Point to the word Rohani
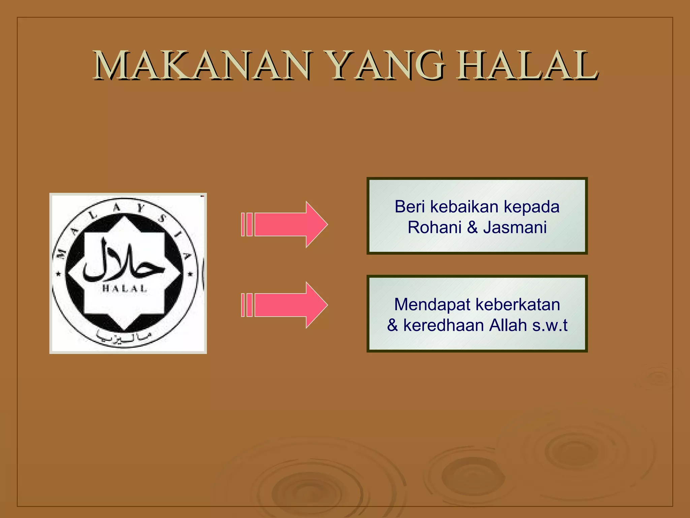coord(434,227)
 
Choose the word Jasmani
coord(515,227)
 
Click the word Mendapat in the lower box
coord(432,305)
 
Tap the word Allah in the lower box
coord(508,325)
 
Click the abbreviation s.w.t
coord(550,326)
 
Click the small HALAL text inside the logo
coord(125,289)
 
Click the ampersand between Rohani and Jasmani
coord(472,227)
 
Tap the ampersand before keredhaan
coord(393,326)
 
